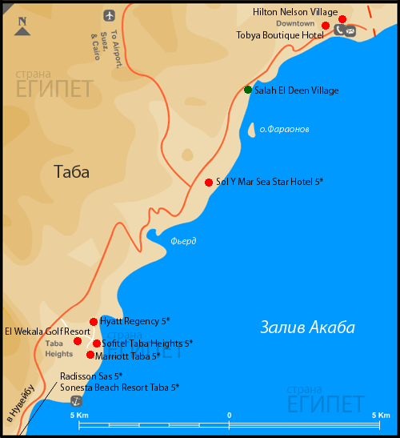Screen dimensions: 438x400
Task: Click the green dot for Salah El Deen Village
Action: coord(248,90)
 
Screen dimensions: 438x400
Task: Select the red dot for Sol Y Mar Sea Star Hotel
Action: coord(209,182)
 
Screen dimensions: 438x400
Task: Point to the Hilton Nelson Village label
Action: coord(294,13)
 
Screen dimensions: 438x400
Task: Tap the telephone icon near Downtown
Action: coord(339,30)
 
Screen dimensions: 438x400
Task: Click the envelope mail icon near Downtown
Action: coord(350,30)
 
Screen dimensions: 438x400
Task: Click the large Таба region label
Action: coord(72,171)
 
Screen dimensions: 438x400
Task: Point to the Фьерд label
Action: coord(183,241)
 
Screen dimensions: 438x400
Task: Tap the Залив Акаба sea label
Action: coord(308,327)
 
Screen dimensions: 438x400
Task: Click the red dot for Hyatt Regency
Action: coord(94,321)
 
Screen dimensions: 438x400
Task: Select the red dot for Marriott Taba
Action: coord(90,355)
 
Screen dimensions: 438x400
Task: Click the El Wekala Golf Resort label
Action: coord(46,332)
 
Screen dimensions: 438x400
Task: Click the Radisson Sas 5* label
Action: coord(91,376)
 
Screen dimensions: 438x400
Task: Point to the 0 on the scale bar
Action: coord(230,415)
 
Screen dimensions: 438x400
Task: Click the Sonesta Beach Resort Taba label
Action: coord(119,387)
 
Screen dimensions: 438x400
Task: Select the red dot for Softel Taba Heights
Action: coord(97,344)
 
